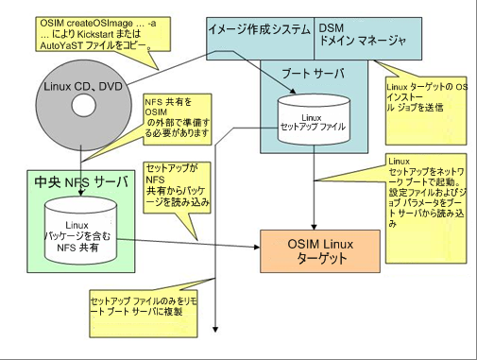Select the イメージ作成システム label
click(260, 31)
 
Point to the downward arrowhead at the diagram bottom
click(217, 328)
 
